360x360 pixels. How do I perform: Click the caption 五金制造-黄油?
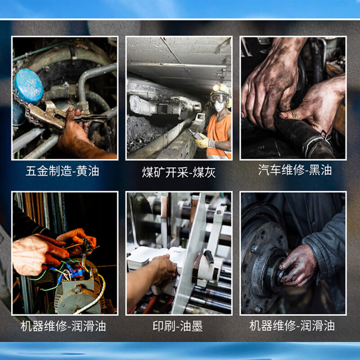62,171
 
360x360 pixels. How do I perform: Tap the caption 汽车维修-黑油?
295,170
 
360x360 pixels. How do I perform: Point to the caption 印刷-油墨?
179,326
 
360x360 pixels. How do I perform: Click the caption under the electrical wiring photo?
63,326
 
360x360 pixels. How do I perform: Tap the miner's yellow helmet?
220,88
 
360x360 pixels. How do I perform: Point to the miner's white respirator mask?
219,106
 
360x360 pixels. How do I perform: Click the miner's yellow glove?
202,143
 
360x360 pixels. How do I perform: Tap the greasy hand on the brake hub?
297,265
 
